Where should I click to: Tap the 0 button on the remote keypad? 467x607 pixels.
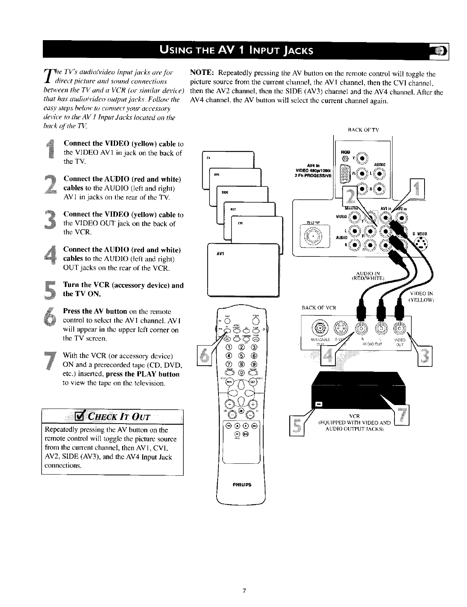pos(242,373)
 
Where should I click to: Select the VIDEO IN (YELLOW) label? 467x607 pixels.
pos(421,297)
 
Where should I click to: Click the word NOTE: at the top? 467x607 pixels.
pos(203,73)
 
